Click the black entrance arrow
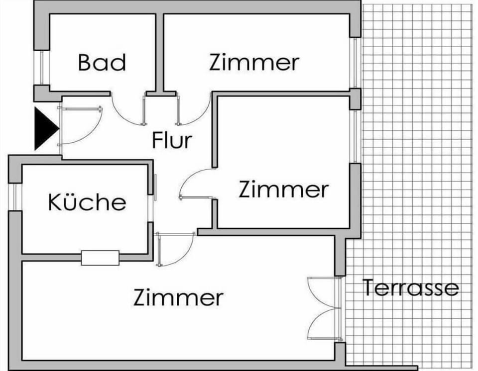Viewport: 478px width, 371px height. [x=45, y=128]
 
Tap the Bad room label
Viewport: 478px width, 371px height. [x=102, y=63]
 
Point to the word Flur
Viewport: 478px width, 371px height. [x=172, y=140]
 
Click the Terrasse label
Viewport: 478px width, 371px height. [x=411, y=287]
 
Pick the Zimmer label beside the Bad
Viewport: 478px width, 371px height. [x=254, y=63]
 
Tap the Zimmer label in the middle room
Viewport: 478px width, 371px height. [x=283, y=189]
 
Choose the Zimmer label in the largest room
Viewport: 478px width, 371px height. [x=178, y=297]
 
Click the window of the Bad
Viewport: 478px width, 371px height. [x=41, y=67]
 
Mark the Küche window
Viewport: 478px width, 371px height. [x=15, y=197]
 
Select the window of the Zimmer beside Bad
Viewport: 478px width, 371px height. [x=355, y=63]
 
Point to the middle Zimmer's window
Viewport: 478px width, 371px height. [x=355, y=136]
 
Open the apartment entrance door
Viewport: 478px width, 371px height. [x=80, y=125]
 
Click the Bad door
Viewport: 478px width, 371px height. [x=128, y=109]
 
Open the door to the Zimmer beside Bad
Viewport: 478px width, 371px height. [x=193, y=109]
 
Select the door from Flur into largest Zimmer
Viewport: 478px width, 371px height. [x=175, y=249]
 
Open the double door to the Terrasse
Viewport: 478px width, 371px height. [x=325, y=308]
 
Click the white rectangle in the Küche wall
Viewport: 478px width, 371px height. [x=100, y=258]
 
